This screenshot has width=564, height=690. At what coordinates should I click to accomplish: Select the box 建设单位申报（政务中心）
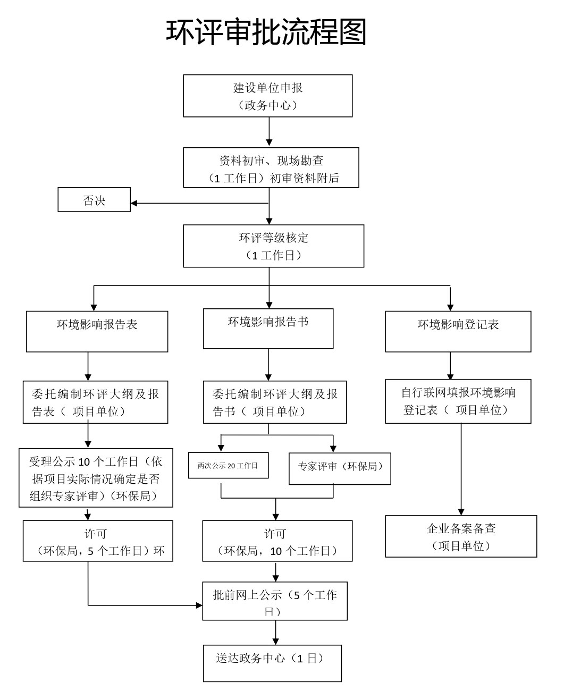267,96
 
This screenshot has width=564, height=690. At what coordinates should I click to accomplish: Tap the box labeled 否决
94,200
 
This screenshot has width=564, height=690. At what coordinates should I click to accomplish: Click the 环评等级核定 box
273,246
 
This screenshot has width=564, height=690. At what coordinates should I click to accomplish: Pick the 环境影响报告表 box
97,331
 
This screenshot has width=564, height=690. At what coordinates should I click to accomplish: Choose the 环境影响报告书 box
268,329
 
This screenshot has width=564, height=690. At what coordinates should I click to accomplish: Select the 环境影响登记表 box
458,331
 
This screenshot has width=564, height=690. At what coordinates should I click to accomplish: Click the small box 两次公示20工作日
228,466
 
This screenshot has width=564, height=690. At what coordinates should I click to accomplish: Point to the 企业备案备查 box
461,536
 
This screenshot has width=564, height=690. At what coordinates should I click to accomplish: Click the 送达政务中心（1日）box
272,663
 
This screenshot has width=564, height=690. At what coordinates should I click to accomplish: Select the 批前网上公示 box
274,601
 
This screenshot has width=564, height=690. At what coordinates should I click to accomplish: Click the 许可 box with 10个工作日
277,541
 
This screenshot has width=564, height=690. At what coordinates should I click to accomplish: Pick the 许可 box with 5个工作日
98,541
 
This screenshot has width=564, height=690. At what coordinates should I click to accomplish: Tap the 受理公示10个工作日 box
96,477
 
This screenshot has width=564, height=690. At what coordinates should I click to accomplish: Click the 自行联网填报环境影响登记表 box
458,401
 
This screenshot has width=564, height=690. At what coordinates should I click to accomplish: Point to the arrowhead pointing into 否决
134,203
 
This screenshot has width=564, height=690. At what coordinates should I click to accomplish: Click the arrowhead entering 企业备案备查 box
461,512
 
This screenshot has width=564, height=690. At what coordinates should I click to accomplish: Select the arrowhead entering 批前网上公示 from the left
199,605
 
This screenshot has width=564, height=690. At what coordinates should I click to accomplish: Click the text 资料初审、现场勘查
271,161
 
